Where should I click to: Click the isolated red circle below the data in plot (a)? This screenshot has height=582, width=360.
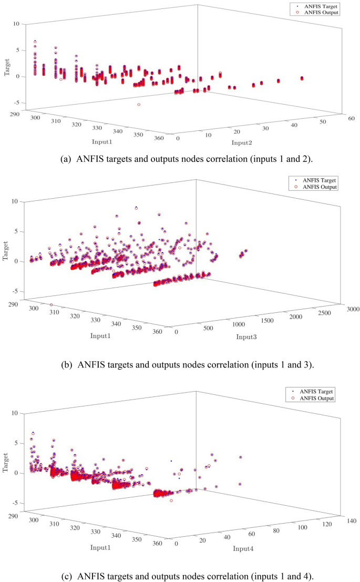pos(139,105)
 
